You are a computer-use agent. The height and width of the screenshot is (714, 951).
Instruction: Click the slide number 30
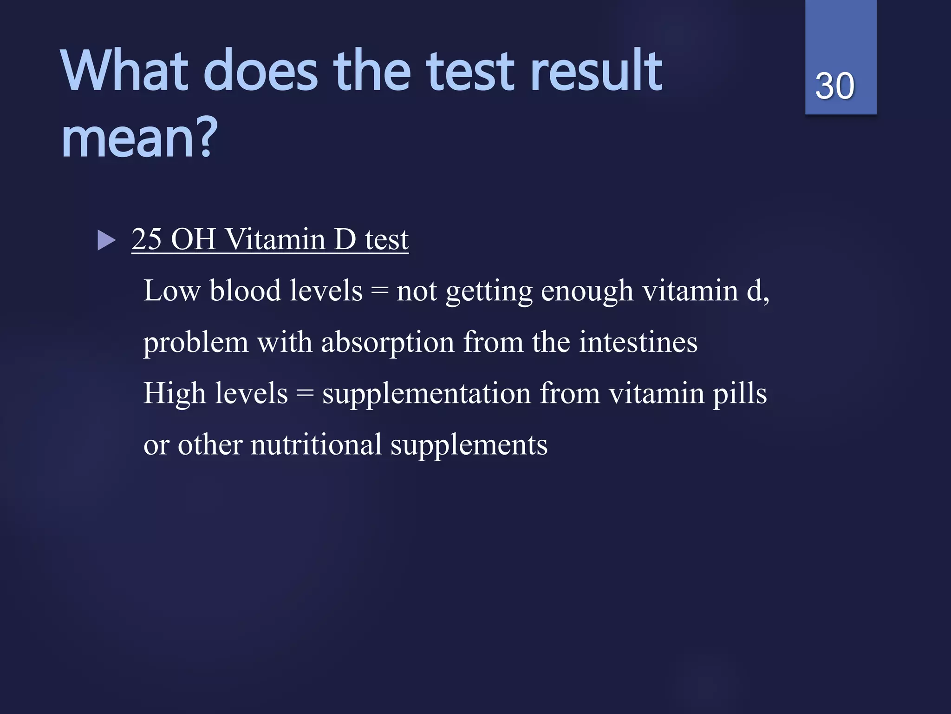pyautogui.click(x=834, y=86)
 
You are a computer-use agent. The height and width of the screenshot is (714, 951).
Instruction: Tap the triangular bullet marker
pyautogui.click(x=106, y=241)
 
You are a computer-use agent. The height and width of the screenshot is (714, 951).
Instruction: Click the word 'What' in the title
pyautogui.click(x=124, y=71)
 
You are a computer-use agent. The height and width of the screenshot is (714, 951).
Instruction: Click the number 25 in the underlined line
pyautogui.click(x=147, y=240)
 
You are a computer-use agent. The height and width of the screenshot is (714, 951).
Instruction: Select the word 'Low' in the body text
pyautogui.click(x=172, y=291)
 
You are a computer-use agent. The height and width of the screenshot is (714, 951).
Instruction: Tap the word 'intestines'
pyautogui.click(x=638, y=343)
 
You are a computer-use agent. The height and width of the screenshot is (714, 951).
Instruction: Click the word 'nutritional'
pyautogui.click(x=316, y=445)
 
